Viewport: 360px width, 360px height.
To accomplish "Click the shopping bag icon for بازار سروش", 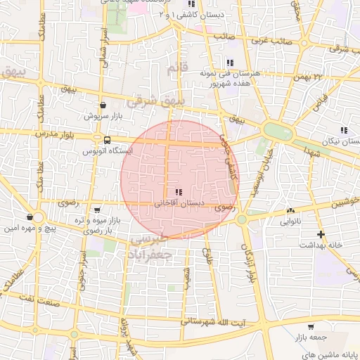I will [104, 105].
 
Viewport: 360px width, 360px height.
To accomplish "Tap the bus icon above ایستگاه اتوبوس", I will [107, 140].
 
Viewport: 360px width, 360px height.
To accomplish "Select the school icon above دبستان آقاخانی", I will [179, 192].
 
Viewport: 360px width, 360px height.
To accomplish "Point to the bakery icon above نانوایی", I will [290, 210].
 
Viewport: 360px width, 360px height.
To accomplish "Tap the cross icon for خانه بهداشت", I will [321, 234].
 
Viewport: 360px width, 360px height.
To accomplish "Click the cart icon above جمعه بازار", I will [311, 327].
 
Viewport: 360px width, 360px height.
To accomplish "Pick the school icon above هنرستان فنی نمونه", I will [230, 63].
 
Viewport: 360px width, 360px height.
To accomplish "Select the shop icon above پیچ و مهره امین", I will [29, 217].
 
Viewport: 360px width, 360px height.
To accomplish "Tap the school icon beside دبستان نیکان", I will [343, 130].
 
